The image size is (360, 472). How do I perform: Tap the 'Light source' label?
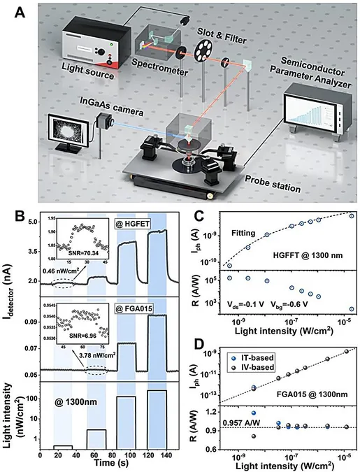pyautogui.click(x=88, y=71)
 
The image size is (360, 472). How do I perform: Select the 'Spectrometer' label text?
pyautogui.click(x=159, y=67)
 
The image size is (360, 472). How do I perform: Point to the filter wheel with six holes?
pyautogui.click(x=203, y=50)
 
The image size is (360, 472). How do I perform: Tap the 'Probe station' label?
pyautogui.click(x=273, y=184)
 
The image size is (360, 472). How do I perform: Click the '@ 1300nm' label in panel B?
pyautogui.click(x=76, y=401)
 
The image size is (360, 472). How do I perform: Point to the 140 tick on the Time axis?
pyautogui.click(x=166, y=456)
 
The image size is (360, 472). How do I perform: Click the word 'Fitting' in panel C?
pyautogui.click(x=243, y=233)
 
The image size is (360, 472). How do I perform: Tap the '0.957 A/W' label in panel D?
pyautogui.click(x=241, y=423)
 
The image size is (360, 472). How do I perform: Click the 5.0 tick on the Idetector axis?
pyautogui.click(x=33, y=222)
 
